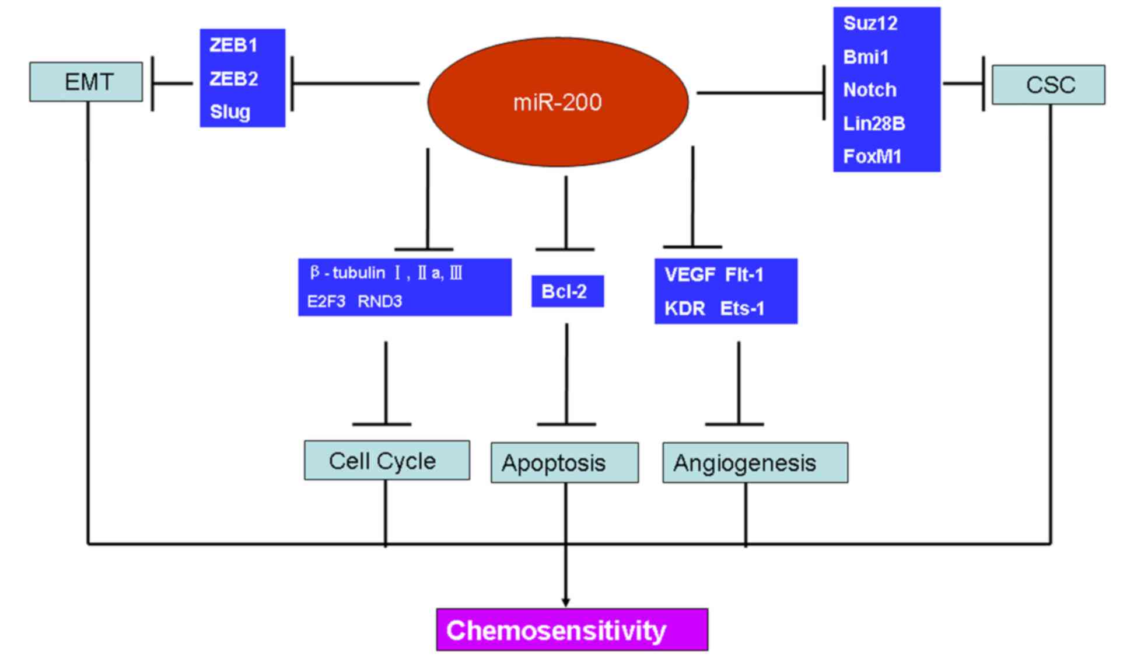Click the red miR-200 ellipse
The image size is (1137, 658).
point(558,102)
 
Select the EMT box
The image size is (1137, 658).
point(86,82)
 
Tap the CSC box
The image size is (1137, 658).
point(1048,85)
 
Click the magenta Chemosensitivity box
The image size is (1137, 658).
point(572,629)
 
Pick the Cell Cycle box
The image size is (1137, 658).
point(387,460)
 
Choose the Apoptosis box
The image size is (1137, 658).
point(565,462)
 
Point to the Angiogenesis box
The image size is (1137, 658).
point(755,462)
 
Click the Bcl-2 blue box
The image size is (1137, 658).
point(567,291)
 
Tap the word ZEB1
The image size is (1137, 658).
point(233,45)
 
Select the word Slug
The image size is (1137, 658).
point(230,112)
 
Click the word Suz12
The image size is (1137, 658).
point(870,23)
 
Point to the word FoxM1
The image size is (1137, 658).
point(872,156)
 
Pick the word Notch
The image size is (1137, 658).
point(870,90)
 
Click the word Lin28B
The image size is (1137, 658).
point(874,123)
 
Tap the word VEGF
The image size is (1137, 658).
point(690,274)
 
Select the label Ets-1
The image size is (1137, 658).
point(742,308)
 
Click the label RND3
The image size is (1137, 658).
point(380,301)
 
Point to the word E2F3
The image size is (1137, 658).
point(326,301)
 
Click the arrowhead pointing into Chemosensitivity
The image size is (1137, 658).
point(565,603)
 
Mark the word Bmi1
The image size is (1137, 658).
point(866,57)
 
